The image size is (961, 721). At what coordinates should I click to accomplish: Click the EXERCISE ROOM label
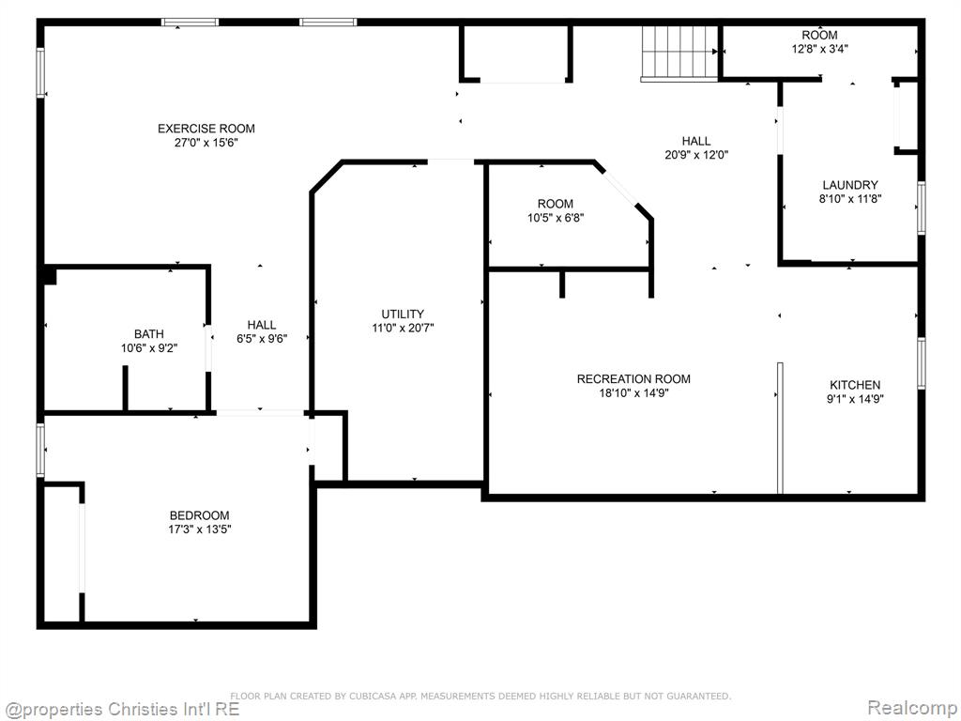coord(206,129)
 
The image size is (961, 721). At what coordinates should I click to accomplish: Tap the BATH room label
coord(149,334)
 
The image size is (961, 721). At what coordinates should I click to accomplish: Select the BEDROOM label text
coord(199,515)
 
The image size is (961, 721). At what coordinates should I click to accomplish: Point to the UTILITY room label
coord(403,314)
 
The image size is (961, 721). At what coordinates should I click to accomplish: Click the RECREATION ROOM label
coord(633,379)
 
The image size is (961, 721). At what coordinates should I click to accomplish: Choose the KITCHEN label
coord(855,385)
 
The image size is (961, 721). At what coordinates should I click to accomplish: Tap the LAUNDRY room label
coord(850,185)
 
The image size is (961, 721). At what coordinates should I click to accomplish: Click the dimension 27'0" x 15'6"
coord(206,143)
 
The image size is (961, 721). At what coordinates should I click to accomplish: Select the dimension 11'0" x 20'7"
coord(403,328)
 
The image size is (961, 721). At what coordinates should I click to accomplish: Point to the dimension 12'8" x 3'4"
coord(820,49)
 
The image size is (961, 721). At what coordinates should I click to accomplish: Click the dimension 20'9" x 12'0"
coord(696,155)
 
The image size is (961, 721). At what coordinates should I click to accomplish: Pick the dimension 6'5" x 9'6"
coord(262,338)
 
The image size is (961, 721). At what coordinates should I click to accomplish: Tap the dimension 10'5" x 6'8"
coord(556,218)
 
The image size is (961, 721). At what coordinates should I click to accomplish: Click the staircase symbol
coord(679,53)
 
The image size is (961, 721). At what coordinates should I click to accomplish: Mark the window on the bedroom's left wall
coord(40,450)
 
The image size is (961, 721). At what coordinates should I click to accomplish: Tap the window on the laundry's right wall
coord(922,207)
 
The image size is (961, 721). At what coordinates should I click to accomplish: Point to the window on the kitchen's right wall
coord(922,363)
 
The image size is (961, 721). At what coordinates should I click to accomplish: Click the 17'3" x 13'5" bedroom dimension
coord(199,529)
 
